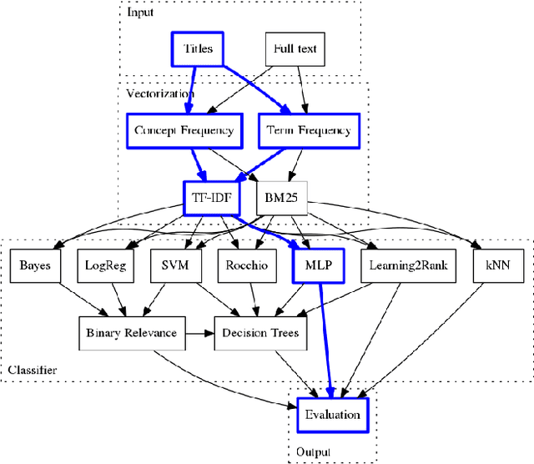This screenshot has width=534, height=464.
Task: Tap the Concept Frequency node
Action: pos(184,130)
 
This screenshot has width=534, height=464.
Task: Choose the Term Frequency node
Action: pos(308,130)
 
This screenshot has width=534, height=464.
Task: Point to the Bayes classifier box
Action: pos(35,265)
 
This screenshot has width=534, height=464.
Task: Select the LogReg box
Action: pos(104,265)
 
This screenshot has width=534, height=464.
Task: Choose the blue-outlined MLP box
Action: pos(317,265)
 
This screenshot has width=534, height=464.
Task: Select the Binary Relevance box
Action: pos(131,333)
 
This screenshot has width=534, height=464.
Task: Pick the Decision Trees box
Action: pos(261,333)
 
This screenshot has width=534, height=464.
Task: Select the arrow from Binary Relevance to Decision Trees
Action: pos(199,333)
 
